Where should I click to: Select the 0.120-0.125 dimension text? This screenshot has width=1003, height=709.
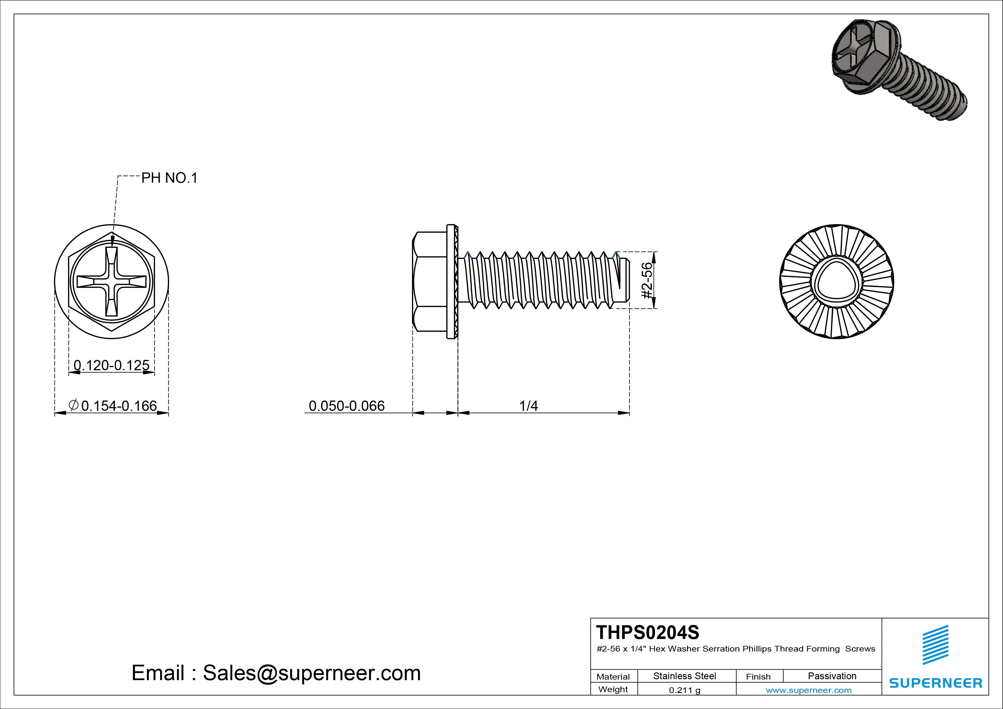[x=112, y=365]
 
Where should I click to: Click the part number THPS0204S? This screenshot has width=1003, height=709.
[x=647, y=632]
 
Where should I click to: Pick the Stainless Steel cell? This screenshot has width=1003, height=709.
[x=684, y=676]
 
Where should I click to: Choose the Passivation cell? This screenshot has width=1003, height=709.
[x=832, y=676]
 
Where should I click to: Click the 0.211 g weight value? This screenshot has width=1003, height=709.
[x=684, y=690]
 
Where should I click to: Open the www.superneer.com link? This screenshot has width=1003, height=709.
[x=808, y=690]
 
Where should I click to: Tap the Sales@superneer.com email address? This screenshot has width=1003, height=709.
[x=311, y=673]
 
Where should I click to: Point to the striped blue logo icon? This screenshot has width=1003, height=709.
[x=935, y=645]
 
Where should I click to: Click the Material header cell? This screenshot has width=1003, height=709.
[x=613, y=676]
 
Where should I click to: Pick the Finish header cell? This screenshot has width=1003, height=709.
[x=758, y=676]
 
